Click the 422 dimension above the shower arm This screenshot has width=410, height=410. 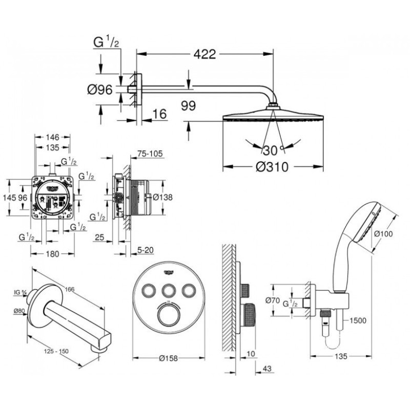point(204,54)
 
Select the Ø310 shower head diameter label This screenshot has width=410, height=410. point(272,167)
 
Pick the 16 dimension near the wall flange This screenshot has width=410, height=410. point(160,114)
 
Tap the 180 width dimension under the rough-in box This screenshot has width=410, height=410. point(52,253)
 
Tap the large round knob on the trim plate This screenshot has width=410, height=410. point(165,315)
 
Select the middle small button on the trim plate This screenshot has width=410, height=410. point(165,291)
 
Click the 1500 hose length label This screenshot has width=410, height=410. point(359,321)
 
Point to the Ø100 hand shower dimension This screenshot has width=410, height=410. point(384,234)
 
